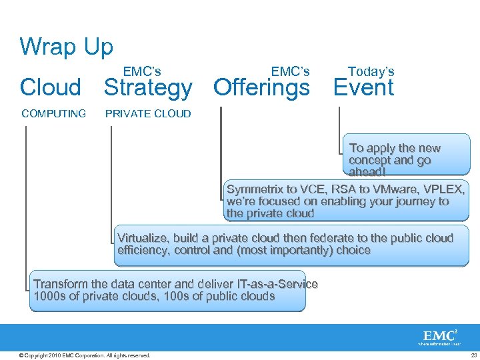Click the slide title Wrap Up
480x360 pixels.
(67, 47)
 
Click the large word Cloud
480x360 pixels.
(51, 87)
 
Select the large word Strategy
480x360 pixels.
(148, 87)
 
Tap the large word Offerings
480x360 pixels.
(261, 87)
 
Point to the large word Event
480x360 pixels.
(363, 87)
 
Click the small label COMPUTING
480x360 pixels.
(53, 113)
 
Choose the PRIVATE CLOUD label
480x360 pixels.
(148, 113)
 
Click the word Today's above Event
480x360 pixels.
(371, 71)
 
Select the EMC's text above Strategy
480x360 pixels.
(142, 71)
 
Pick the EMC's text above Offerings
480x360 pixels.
(291, 71)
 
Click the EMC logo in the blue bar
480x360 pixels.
(439, 336)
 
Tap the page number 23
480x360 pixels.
(473, 355)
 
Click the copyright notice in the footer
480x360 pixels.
(85, 355)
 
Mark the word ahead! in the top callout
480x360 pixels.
(366, 172)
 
